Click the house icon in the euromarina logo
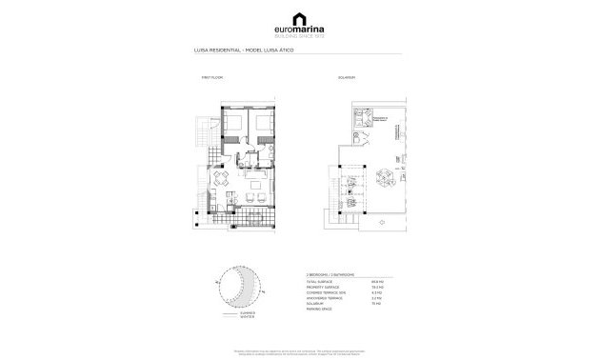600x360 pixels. point(300,15)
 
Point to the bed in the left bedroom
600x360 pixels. point(233,125)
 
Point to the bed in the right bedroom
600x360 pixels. point(261,125)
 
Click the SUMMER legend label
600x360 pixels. point(247,312)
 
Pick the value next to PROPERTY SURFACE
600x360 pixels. point(375,286)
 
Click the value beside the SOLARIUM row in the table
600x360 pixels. point(375,304)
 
